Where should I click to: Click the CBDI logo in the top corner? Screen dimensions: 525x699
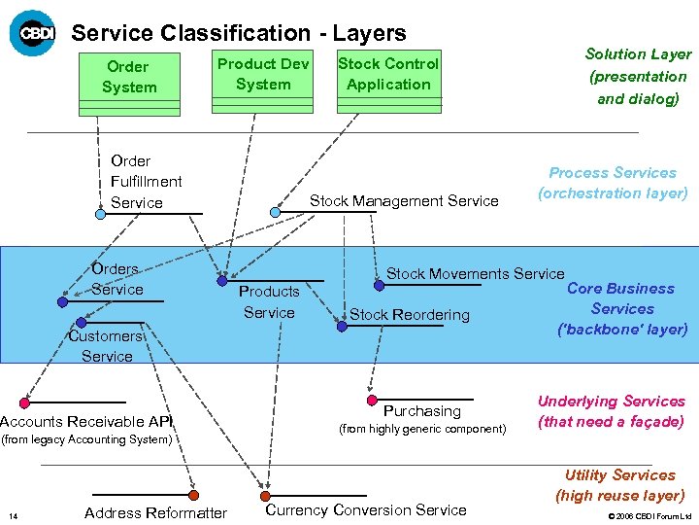coord(33,33)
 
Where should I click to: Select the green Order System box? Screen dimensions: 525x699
coord(128,77)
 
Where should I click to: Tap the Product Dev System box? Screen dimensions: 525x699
coord(263,74)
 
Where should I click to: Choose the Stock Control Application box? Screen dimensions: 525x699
coord(387,74)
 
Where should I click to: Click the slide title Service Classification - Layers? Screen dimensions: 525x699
coord(239,33)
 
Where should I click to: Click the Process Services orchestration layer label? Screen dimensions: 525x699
coord(613,183)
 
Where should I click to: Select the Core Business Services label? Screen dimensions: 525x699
coord(621,308)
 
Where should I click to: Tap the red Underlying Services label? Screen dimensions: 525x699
coord(611,411)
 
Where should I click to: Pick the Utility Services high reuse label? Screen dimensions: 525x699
coord(619,485)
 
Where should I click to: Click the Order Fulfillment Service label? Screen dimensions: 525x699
coord(146,182)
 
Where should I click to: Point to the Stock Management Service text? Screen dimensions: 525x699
coord(404,201)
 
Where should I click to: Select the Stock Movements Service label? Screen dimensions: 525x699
coord(475,274)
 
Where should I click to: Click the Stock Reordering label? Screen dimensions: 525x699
coord(409,315)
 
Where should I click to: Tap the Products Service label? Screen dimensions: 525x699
coord(269,301)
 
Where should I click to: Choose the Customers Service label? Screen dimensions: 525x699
coord(106,346)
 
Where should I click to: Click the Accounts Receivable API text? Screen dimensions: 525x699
coord(86,421)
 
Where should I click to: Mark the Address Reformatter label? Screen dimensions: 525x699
coord(155,512)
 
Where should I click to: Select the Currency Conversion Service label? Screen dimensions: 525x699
coord(365,509)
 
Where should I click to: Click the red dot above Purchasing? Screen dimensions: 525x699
coord(372,400)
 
